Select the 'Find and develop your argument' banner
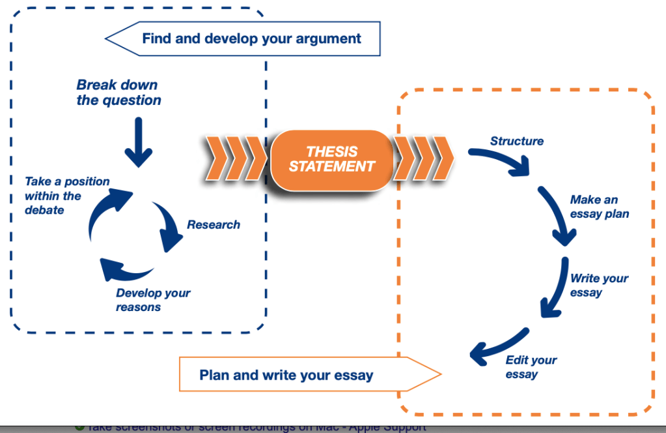[251, 38]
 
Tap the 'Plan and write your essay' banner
[286, 375]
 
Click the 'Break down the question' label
[118, 93]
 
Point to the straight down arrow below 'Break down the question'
[138, 142]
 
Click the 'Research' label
[214, 224]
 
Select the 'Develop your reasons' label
[153, 300]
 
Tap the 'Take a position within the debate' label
[66, 196]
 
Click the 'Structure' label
[517, 141]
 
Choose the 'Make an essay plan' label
[600, 207]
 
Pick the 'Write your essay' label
[599, 285]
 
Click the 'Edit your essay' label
[531, 367]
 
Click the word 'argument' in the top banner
[325, 38]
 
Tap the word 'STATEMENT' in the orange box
[332, 167]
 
